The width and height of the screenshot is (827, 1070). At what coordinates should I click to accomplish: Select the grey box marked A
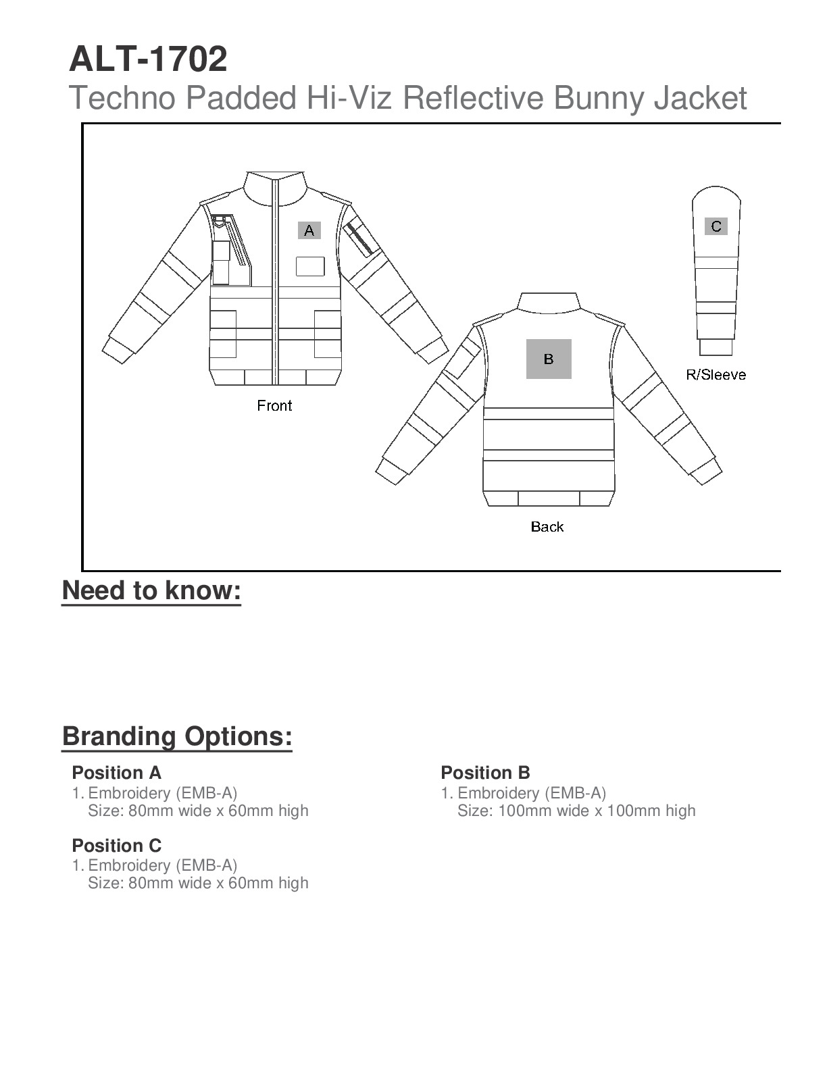[309, 230]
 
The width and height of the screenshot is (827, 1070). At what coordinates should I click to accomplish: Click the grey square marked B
[549, 359]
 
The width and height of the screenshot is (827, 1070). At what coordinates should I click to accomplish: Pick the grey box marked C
[716, 226]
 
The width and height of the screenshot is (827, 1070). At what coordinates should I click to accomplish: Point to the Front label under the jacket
[274, 406]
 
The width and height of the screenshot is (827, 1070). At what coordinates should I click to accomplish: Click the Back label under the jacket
[547, 527]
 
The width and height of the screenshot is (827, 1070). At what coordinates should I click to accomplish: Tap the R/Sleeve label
[716, 375]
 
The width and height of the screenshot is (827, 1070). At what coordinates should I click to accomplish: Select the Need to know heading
[151, 590]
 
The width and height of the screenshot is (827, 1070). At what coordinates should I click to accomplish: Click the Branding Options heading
[177, 736]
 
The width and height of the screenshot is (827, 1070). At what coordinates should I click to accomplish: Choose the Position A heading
[116, 773]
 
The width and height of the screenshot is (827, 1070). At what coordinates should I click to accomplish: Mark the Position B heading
[485, 773]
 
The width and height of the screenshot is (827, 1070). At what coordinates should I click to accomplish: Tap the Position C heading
[116, 846]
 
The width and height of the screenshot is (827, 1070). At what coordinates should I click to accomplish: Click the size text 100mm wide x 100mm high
[576, 811]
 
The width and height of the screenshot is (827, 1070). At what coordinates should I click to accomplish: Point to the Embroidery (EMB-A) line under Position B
[532, 793]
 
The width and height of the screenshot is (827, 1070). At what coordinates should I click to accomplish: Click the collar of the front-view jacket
[276, 186]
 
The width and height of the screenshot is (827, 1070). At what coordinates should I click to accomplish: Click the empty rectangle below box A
[310, 267]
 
